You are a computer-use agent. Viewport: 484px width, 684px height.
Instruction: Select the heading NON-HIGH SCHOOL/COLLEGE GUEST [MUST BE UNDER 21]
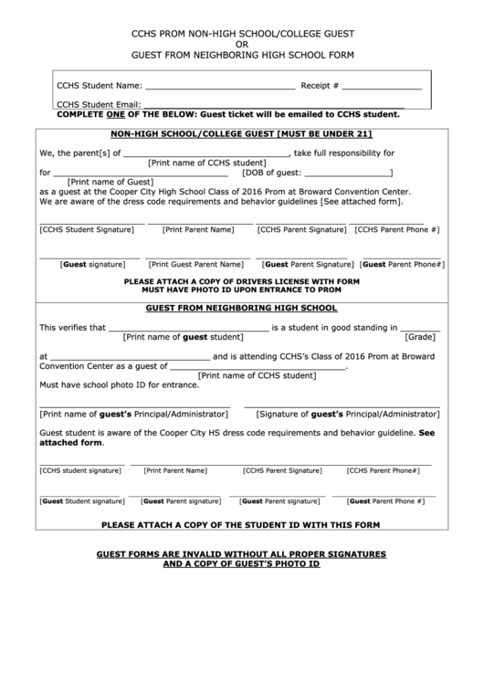[241, 133]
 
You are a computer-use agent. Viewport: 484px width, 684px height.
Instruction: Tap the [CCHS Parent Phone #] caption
[397, 230]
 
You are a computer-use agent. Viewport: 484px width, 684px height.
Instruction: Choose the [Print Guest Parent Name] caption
[195, 264]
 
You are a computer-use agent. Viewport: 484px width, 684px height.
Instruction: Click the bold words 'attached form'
[70, 442]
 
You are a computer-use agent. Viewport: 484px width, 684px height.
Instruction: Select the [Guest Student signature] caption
[81, 501]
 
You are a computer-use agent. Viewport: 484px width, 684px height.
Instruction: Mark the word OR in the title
[241, 43]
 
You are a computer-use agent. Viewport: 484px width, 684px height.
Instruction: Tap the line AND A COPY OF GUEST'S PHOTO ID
[241, 564]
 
